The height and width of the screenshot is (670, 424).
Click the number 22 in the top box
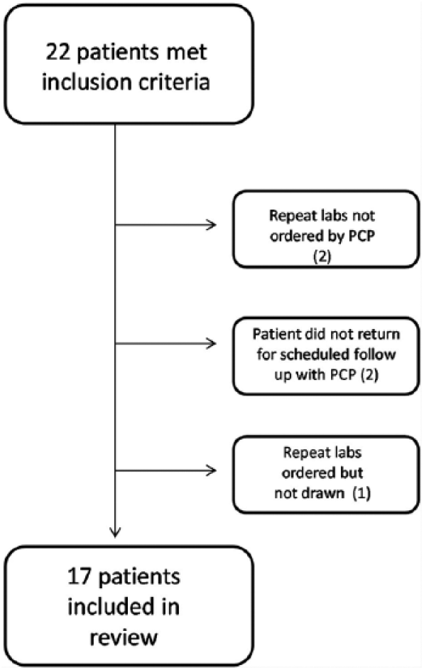coord(59,53)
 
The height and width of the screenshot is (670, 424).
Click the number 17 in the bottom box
coord(80,576)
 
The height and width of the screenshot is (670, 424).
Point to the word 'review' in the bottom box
coord(124,638)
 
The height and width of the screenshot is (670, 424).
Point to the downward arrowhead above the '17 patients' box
coord(115,531)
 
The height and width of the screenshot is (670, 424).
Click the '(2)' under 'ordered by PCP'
coord(322,256)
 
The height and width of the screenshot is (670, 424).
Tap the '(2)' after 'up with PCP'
coord(369,374)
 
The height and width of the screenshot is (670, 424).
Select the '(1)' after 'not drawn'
coord(362,493)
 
